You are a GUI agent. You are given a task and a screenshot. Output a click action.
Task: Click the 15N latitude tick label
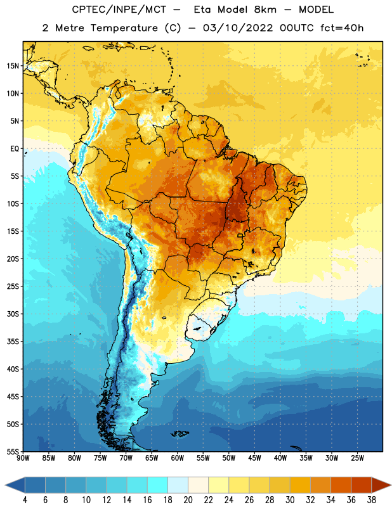click(x=13, y=66)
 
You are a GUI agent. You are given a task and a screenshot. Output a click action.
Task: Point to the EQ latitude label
click(x=15, y=149)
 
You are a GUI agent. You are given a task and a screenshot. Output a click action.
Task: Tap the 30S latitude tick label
click(x=13, y=314)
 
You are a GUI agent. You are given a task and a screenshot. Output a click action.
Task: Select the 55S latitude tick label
click(x=13, y=451)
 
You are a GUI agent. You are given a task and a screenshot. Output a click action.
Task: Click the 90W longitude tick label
click(x=23, y=458)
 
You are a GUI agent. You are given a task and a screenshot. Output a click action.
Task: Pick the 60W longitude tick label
click(x=178, y=458)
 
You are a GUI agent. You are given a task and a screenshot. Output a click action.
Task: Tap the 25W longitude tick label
click(x=357, y=458)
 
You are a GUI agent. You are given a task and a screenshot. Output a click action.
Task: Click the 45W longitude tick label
click(x=254, y=458)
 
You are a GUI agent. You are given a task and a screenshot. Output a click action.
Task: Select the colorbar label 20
click(x=188, y=500)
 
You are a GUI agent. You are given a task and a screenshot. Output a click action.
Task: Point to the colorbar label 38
click(x=371, y=500)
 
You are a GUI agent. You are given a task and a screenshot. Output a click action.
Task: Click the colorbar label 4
click(x=25, y=500)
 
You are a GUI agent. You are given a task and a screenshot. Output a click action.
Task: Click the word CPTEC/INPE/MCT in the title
click(x=119, y=10)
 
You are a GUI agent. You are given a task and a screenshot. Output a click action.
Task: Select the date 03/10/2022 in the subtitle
click(x=238, y=28)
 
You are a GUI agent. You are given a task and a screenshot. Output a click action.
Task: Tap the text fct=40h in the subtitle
click(x=342, y=28)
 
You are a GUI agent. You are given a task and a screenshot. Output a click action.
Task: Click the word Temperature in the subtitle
click(x=124, y=28)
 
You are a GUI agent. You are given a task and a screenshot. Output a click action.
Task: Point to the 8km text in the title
click(x=265, y=10)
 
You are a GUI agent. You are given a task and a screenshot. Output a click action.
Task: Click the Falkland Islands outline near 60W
click(x=180, y=433)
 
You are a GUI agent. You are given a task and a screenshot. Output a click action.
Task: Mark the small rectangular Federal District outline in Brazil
click(x=240, y=235)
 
